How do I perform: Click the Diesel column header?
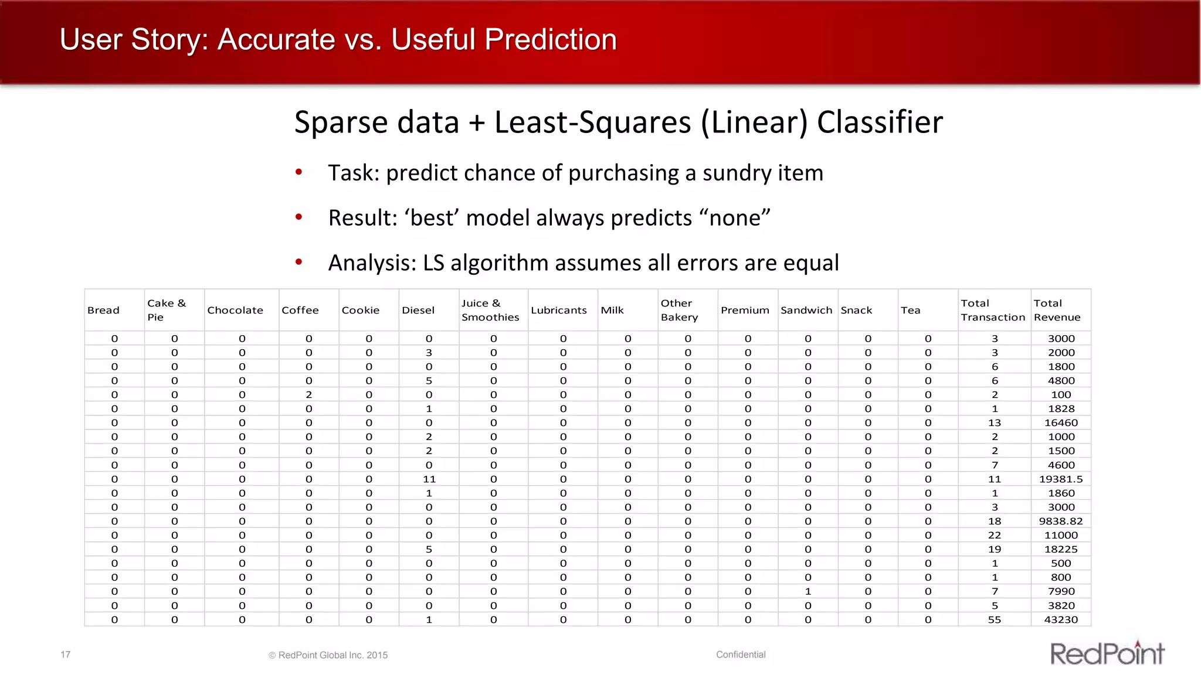(418, 311)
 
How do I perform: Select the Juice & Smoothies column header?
(490, 311)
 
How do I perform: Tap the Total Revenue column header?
(1057, 311)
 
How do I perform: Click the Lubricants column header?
(558, 311)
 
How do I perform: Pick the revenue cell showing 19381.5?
(1061, 479)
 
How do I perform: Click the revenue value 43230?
(1061, 620)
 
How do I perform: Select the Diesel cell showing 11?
(429, 479)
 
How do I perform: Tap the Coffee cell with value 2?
(309, 395)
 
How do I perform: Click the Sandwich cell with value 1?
(808, 592)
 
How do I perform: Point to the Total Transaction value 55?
(995, 620)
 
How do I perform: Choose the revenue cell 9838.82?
(1061, 521)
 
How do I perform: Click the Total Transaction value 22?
(995, 536)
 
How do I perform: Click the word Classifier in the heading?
(880, 123)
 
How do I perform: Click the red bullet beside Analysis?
(299, 262)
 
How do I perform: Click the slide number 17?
(65, 654)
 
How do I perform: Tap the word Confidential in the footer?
(741, 654)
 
